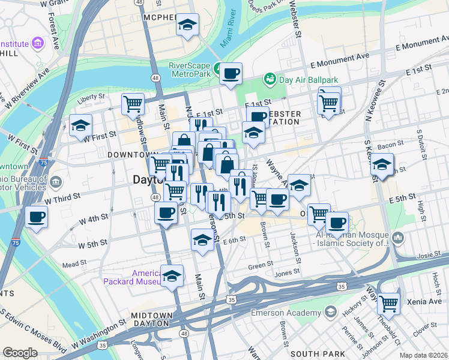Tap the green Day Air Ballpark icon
(270, 79)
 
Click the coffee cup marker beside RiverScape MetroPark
(231, 74)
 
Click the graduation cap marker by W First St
(80, 126)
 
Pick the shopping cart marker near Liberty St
(133, 104)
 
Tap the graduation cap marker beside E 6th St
(203, 241)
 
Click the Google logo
(20, 353)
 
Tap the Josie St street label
(425, 254)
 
